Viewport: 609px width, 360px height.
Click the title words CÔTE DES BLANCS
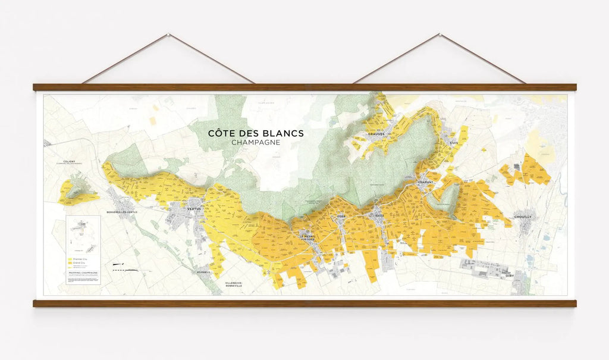click(255, 133)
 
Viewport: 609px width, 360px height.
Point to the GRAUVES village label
click(376, 134)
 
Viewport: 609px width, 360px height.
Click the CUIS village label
click(454, 143)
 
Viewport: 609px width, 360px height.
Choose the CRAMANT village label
click(425, 181)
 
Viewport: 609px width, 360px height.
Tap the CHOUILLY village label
click(523, 217)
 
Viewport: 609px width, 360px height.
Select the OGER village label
click(341, 216)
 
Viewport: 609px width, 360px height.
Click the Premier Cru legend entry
click(79, 259)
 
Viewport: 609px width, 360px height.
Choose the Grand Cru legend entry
click(79, 264)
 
